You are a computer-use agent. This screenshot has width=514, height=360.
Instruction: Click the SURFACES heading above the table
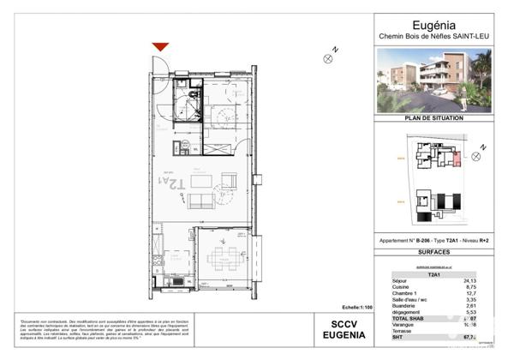point(433,253)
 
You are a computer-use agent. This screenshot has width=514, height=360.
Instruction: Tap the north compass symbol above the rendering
point(328,57)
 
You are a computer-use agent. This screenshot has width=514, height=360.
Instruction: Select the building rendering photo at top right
point(433,80)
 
